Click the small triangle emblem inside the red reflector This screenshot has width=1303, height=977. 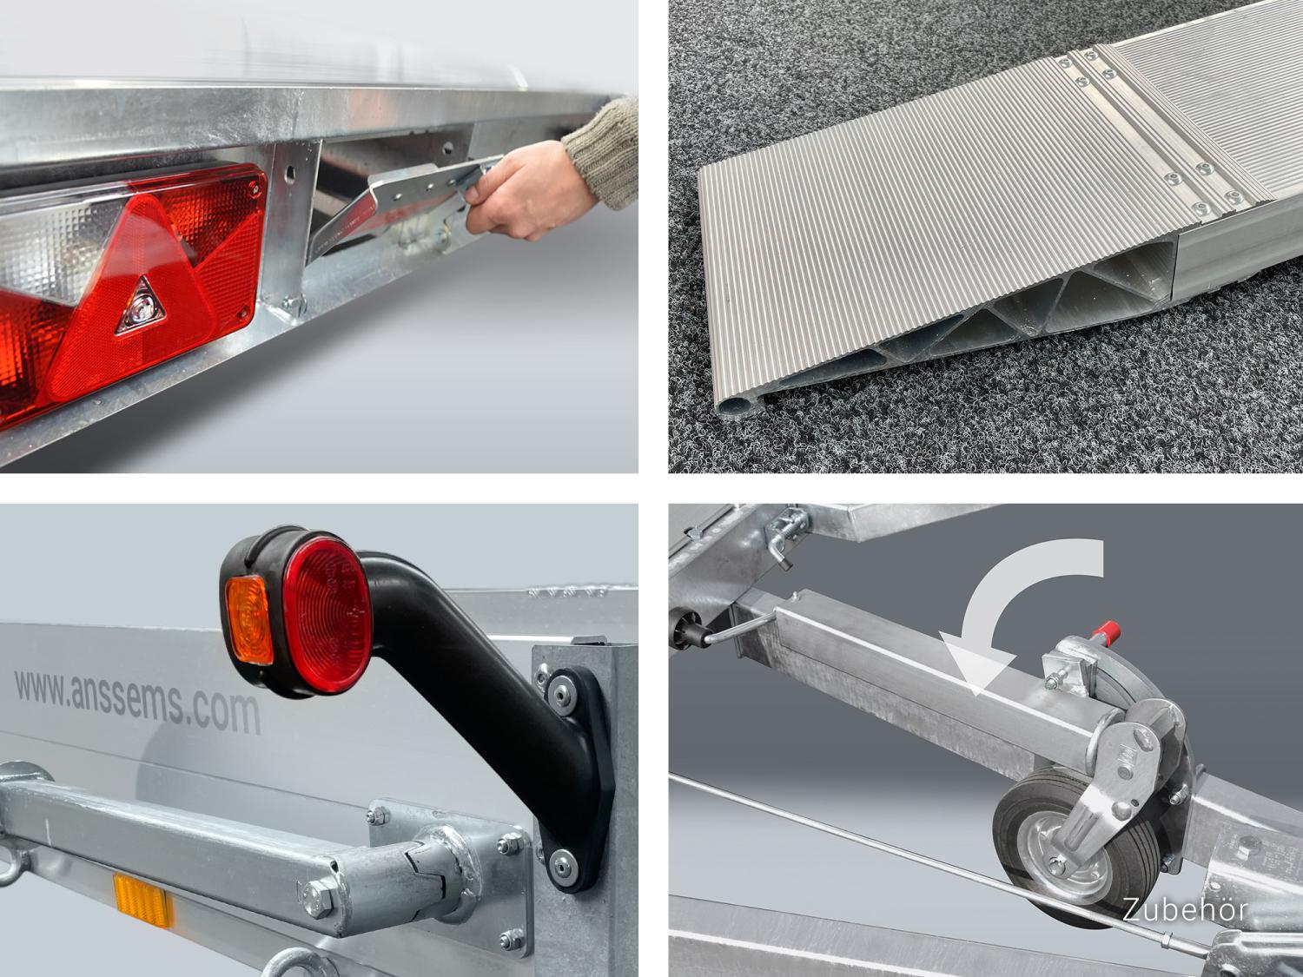(x=140, y=306)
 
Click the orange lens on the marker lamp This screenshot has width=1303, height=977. (x=249, y=620)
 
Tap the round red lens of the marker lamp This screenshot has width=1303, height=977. (x=327, y=615)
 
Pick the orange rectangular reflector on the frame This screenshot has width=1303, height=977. (x=143, y=900)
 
